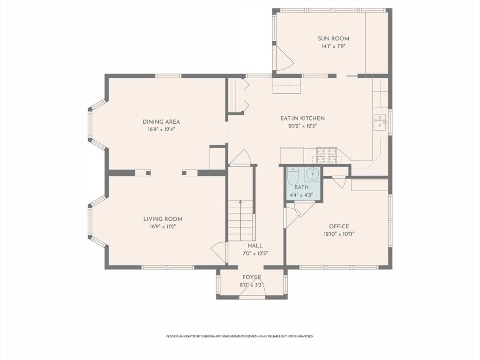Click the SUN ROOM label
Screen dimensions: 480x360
click(x=333, y=38)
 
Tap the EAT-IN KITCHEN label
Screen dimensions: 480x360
click(x=302, y=118)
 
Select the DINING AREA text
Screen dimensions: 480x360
click(x=161, y=122)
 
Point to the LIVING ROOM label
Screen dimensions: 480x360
click(x=163, y=219)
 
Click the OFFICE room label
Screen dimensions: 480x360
click(x=339, y=226)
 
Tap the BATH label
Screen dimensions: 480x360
click(x=301, y=187)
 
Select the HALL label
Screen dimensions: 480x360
click(x=255, y=246)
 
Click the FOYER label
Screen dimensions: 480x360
click(x=252, y=277)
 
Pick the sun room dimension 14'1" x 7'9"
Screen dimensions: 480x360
click(x=333, y=46)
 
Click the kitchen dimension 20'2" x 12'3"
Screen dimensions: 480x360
click(x=302, y=126)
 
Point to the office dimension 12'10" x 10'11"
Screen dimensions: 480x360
click(x=339, y=234)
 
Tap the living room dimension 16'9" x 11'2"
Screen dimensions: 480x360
click(x=163, y=227)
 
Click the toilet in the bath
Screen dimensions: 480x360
click(x=292, y=177)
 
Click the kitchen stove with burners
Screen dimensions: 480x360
click(x=326, y=155)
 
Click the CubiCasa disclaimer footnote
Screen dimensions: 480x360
click(x=240, y=336)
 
